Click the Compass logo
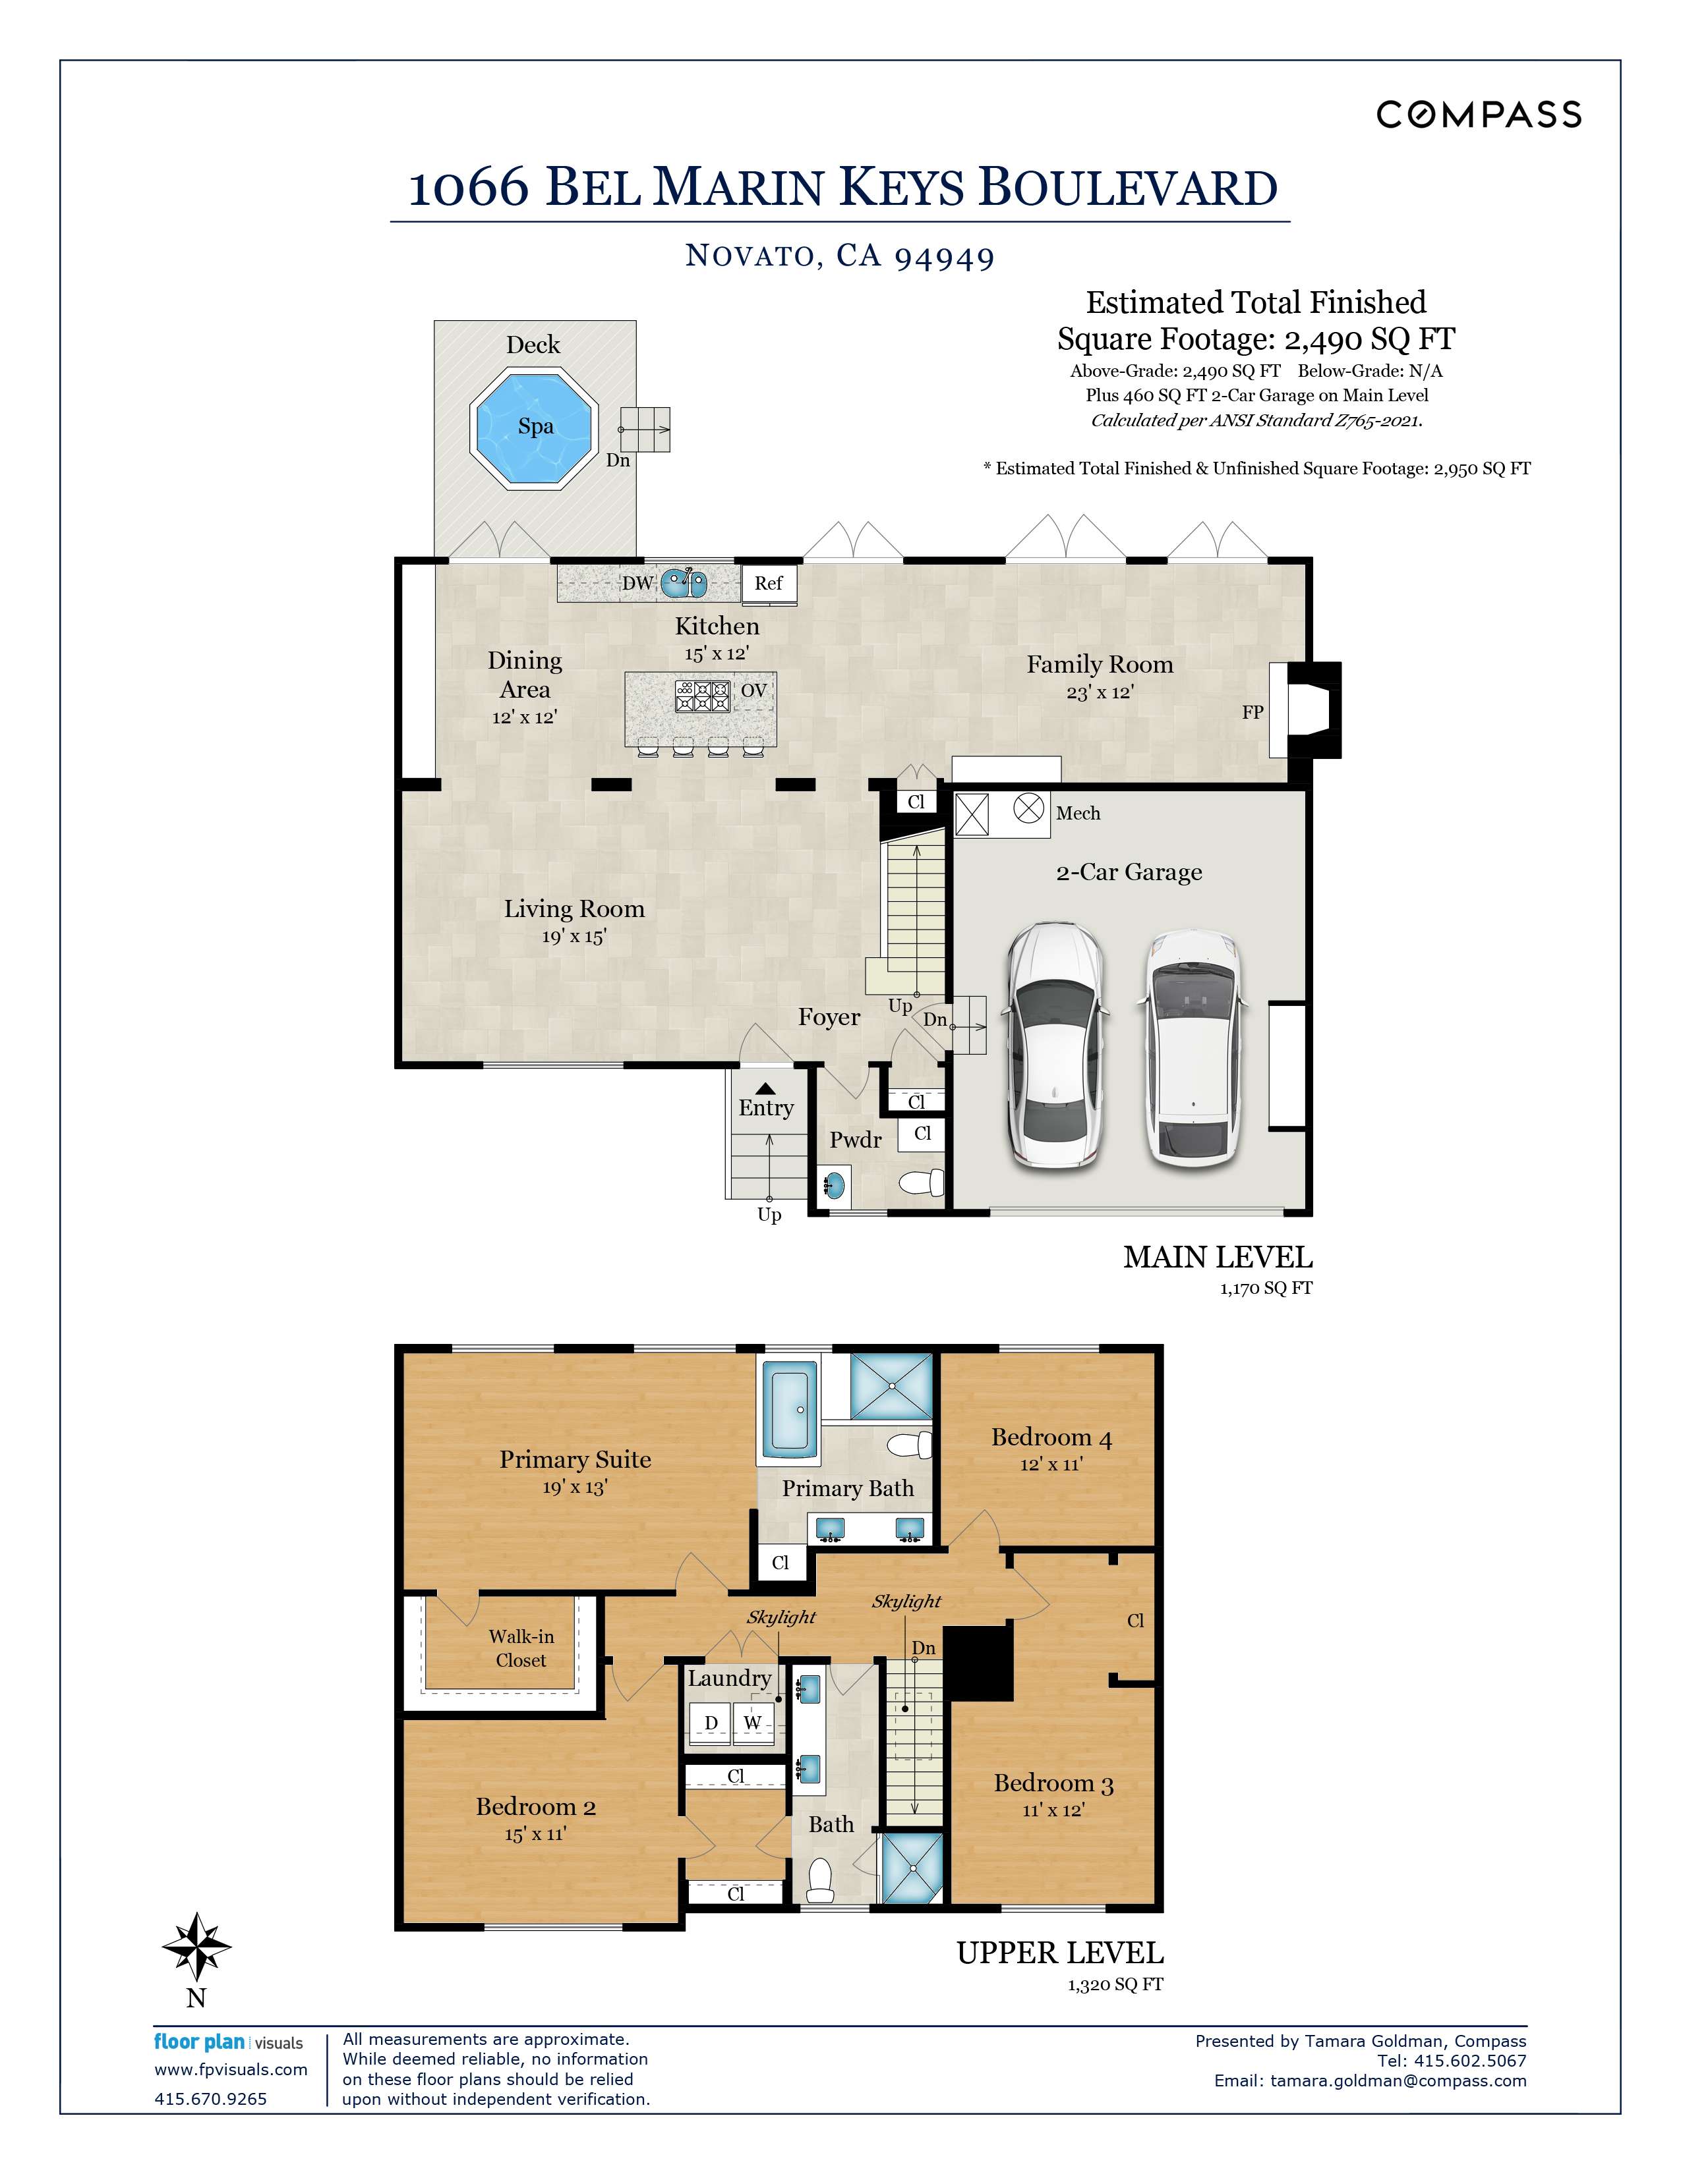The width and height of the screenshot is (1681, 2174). pyautogui.click(x=1479, y=115)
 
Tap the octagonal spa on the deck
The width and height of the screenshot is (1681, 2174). pyautogui.click(x=534, y=428)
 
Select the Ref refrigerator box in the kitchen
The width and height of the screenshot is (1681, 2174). pyautogui.click(x=768, y=583)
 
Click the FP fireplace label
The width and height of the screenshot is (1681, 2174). pyautogui.click(x=1252, y=711)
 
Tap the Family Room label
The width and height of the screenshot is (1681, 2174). pyautogui.click(x=1100, y=664)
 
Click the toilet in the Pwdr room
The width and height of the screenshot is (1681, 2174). pyautogui.click(x=921, y=1183)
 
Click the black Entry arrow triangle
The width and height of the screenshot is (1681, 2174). pyautogui.click(x=765, y=1089)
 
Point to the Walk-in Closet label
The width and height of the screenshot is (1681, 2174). pyautogui.click(x=521, y=1648)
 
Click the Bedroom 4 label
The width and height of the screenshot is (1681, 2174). pyautogui.click(x=1051, y=1437)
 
